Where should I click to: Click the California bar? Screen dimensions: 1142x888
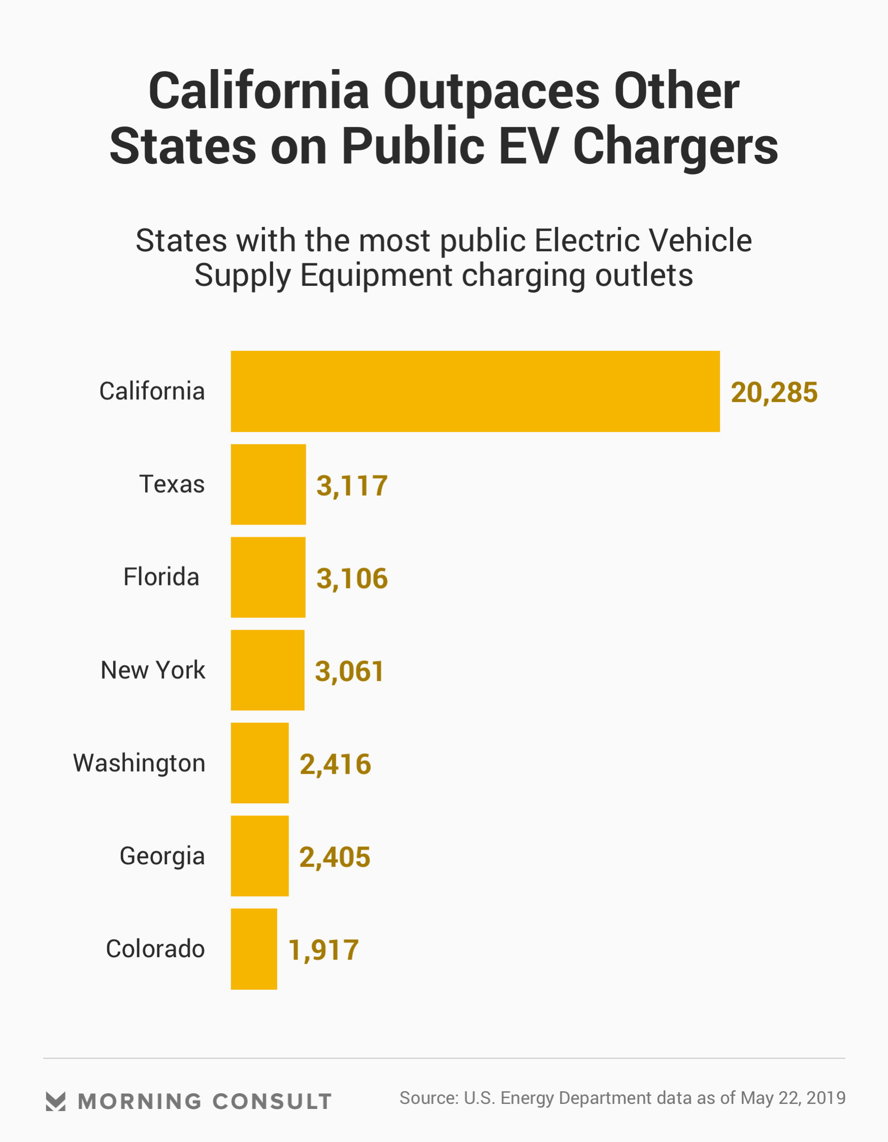click(x=475, y=391)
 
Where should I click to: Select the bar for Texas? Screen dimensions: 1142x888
click(x=268, y=484)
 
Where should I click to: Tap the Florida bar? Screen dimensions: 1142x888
click(x=268, y=577)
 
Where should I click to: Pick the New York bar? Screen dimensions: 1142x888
click(x=267, y=670)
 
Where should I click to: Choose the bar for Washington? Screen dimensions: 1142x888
click(x=259, y=763)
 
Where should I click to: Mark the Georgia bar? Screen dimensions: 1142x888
click(x=259, y=856)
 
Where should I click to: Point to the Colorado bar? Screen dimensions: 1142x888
click(x=254, y=949)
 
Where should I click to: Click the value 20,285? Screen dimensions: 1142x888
click(x=773, y=393)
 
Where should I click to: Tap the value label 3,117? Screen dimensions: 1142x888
click(x=352, y=486)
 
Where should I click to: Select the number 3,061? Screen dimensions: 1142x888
click(x=349, y=671)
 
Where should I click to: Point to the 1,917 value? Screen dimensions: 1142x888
click(x=323, y=950)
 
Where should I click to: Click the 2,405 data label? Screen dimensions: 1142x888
click(x=335, y=858)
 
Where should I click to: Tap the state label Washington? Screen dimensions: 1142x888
click(x=139, y=763)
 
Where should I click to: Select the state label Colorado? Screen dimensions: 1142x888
click(x=155, y=949)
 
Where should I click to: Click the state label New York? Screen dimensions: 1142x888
click(x=153, y=670)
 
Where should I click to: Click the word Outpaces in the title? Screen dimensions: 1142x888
click(x=491, y=91)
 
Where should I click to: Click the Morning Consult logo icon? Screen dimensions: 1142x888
click(x=55, y=1101)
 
